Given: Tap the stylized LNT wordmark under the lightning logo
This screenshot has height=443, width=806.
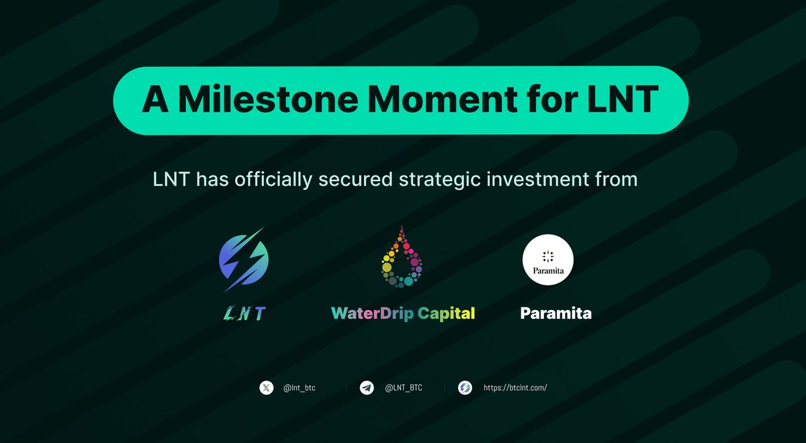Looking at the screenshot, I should click(x=244, y=313).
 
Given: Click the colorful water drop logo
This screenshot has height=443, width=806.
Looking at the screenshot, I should click(x=402, y=258).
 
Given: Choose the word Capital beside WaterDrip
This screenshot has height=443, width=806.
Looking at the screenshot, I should click(x=446, y=313).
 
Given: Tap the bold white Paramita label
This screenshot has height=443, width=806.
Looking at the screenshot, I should click(x=555, y=313).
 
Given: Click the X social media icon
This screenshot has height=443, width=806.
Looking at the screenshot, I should click(x=267, y=387).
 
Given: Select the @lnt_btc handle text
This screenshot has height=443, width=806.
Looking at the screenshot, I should click(x=300, y=388).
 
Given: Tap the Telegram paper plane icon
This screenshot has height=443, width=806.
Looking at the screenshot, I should click(x=366, y=387).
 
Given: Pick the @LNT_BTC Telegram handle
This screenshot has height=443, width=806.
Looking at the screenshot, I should click(x=402, y=388).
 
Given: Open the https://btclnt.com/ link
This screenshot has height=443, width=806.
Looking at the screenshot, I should click(x=516, y=388).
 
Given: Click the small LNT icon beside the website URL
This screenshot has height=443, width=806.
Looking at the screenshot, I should click(x=465, y=387).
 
